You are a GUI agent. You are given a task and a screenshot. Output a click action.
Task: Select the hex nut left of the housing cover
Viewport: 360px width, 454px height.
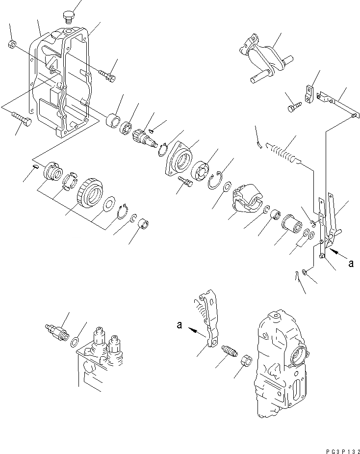click(12, 45)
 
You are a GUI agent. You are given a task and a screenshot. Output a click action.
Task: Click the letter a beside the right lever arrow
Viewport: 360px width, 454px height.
click(350, 264)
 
